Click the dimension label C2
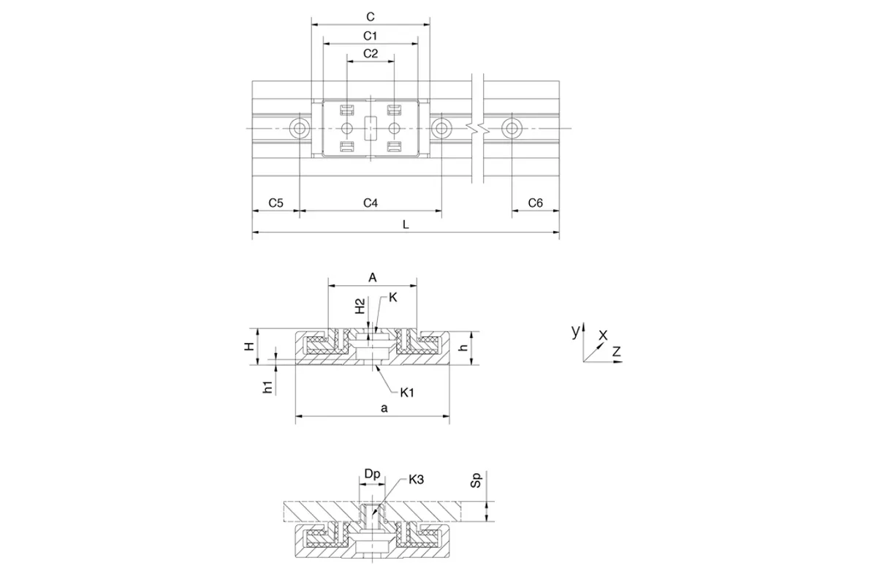371,53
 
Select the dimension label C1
370,36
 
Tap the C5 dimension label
276,203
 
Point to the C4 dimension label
371,203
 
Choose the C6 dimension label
535,203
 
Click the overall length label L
406,224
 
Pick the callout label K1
407,392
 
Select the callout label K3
416,479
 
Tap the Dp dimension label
372,474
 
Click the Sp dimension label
476,480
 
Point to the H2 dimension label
360,306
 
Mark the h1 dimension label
267,387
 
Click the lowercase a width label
384,409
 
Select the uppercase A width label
372,277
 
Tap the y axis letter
575,331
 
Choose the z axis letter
617,351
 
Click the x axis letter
603,335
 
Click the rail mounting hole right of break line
512,128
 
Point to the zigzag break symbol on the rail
478,128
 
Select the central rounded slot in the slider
371,128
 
